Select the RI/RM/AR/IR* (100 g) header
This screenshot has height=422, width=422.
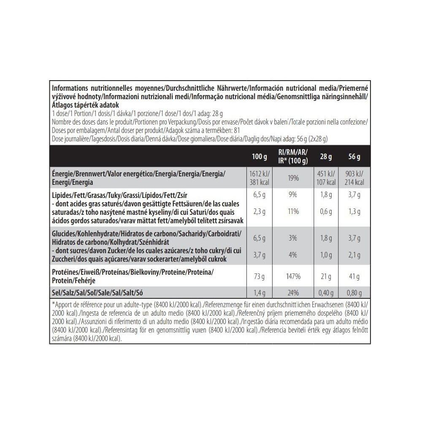[293, 157]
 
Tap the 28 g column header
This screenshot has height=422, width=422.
[326, 157]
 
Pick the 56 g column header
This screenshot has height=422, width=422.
[354, 157]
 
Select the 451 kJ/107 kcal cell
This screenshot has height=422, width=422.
[326, 178]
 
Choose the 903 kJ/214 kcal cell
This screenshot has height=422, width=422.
[354, 178]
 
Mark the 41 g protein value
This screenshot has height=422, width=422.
[354, 277]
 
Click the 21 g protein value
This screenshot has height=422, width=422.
[326, 277]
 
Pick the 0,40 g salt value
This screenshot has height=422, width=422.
[326, 292]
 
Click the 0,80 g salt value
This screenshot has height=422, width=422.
[354, 292]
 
